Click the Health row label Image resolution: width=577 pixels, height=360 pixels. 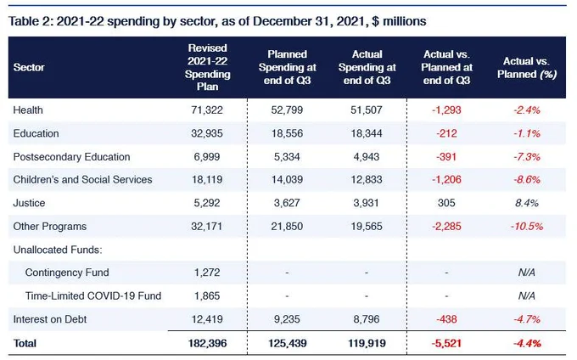(x=28, y=110)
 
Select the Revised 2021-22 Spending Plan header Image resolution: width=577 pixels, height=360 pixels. (x=207, y=67)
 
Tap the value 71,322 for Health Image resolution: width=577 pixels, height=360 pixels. (x=207, y=110)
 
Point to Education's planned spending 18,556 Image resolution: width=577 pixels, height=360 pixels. (x=287, y=133)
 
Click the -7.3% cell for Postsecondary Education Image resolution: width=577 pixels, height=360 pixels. (x=527, y=157)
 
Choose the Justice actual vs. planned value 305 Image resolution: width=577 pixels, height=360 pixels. (x=446, y=203)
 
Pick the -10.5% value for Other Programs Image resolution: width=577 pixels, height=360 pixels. (x=527, y=227)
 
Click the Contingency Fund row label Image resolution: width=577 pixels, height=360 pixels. (x=67, y=273)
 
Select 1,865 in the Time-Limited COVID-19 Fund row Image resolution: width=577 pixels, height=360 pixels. (x=207, y=296)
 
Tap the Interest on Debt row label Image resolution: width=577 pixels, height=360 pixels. (x=50, y=319)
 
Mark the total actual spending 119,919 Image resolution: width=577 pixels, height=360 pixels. (x=367, y=343)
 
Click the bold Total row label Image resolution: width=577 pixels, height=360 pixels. (x=25, y=343)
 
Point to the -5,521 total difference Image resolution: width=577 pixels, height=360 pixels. (x=446, y=343)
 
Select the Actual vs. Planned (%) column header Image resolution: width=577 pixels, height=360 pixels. (x=527, y=68)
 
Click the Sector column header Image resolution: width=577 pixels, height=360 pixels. (x=29, y=67)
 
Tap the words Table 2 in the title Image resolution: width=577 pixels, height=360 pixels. (x=29, y=21)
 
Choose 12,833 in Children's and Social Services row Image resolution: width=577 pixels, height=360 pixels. (x=367, y=180)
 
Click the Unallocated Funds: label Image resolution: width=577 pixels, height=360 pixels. (x=58, y=250)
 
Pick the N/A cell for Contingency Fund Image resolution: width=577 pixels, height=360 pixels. (x=527, y=273)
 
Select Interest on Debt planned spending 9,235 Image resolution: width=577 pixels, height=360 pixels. (x=287, y=319)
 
